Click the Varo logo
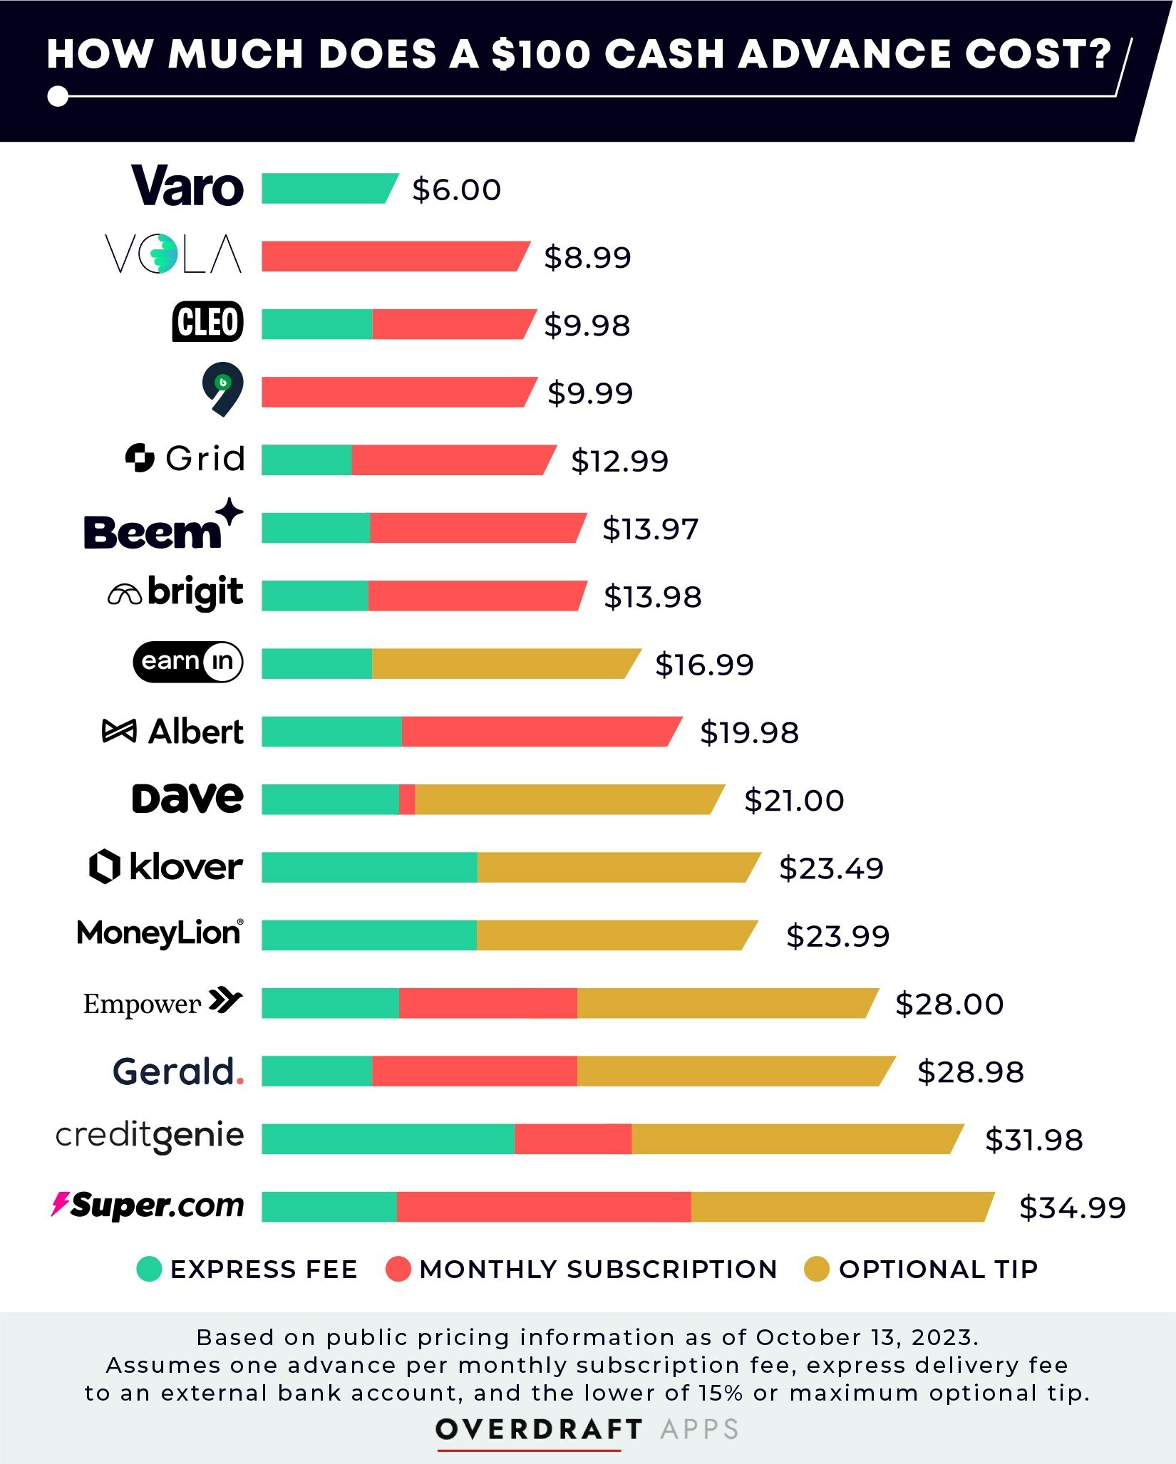187,187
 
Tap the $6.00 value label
456,190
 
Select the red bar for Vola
392,256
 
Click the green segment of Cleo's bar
316,324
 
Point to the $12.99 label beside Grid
619,461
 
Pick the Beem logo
163,527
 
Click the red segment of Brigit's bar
474,596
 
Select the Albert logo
173,732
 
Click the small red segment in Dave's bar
407,799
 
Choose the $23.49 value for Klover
831,868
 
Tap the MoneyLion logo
160,933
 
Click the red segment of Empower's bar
488,1003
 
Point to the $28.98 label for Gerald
970,1071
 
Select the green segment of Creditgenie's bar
388,1138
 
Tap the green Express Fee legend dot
149,1269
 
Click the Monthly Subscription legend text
598,1269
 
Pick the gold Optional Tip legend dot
816,1269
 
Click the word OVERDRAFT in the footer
539,1428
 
